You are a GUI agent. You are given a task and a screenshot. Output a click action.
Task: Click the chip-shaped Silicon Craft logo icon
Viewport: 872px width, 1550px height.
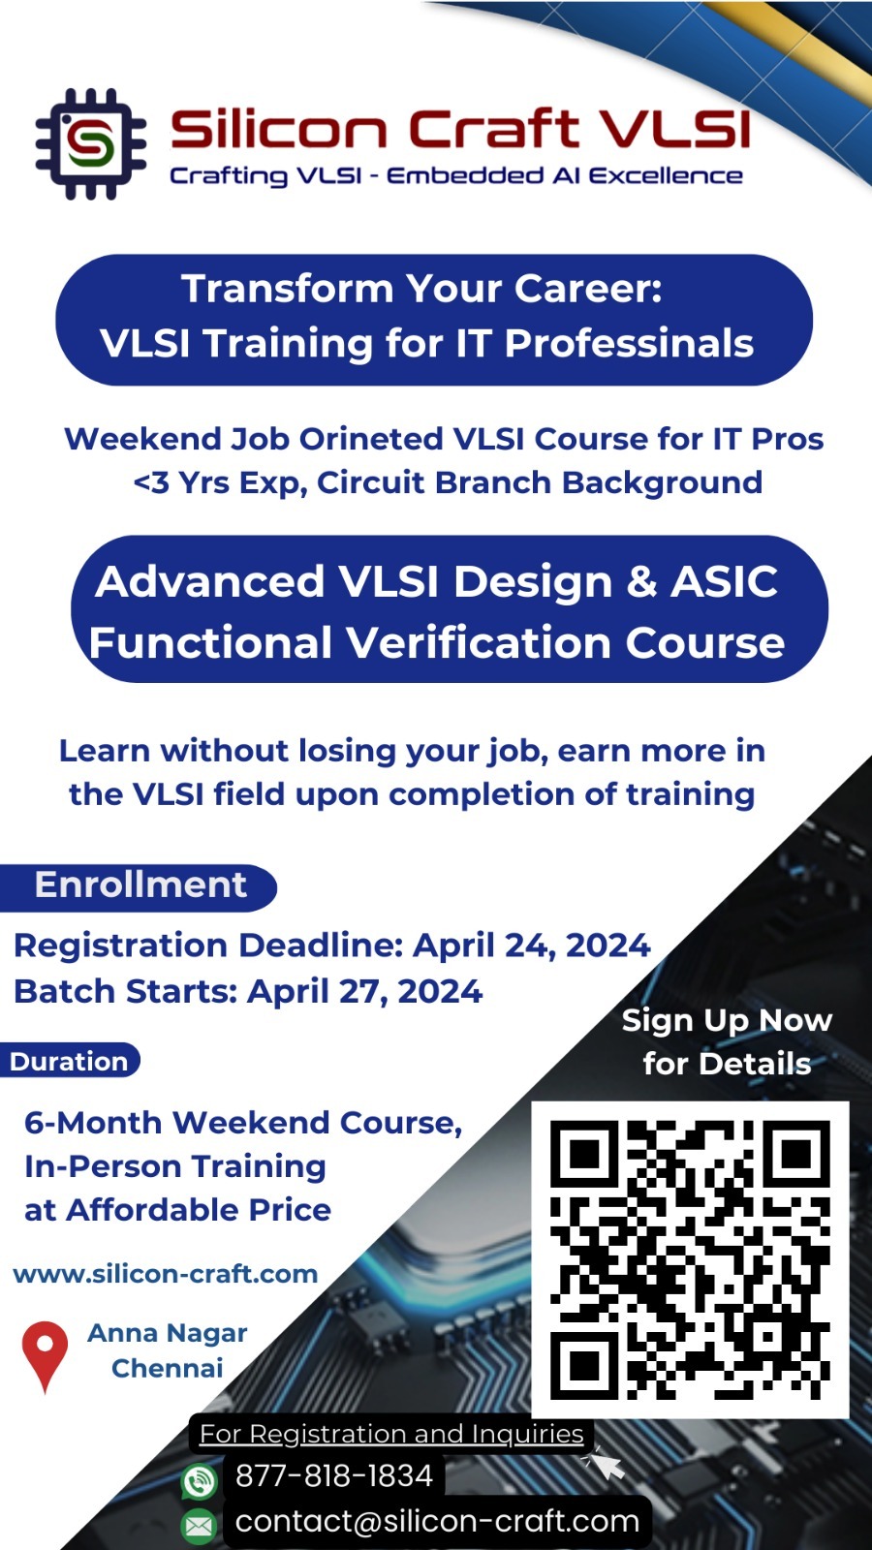[x=91, y=144]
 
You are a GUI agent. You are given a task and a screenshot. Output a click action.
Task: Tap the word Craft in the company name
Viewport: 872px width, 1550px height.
[x=493, y=128]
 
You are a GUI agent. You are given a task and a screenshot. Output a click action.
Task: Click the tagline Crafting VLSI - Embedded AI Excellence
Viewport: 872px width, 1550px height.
[x=456, y=175]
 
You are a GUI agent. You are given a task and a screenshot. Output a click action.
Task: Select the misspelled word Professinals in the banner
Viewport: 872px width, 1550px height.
[x=629, y=343]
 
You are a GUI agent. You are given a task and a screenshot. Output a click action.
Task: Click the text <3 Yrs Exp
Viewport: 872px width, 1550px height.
[x=221, y=483]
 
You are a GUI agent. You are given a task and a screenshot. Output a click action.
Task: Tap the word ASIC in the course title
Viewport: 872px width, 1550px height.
[x=724, y=581]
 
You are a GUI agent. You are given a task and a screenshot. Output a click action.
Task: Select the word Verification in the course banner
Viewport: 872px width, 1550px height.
[x=479, y=643]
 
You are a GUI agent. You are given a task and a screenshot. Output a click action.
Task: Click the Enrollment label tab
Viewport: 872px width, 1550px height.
[x=140, y=885]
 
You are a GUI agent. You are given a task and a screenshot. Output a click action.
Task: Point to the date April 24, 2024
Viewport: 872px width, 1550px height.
[x=532, y=945]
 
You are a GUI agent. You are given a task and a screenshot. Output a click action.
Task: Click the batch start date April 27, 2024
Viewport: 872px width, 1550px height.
[x=364, y=992]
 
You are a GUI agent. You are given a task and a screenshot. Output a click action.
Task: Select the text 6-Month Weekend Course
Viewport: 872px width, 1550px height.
[x=243, y=1123]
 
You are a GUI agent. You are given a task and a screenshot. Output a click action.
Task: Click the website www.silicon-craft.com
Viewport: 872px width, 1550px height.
[x=166, y=1274]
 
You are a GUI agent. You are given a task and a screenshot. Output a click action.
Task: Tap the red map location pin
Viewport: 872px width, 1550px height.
[x=45, y=1355]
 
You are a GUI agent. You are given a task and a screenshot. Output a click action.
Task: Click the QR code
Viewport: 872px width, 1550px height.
[x=690, y=1259]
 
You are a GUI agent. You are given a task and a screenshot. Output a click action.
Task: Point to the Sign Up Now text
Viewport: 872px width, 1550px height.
[x=727, y=1021]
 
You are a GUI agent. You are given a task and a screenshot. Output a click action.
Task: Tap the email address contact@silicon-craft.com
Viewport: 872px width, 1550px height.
[x=437, y=1521]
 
